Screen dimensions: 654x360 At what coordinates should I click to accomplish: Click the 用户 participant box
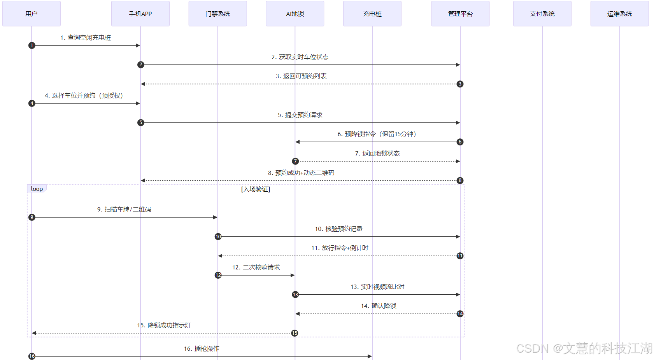click(x=32, y=14)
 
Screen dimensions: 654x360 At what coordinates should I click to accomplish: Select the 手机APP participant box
click(x=140, y=14)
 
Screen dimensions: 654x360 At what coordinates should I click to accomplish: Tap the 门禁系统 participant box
click(x=218, y=14)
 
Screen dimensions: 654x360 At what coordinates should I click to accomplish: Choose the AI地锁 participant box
click(x=295, y=14)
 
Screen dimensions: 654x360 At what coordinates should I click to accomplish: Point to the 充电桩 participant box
click(x=372, y=14)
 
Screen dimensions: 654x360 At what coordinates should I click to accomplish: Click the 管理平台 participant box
click(x=460, y=14)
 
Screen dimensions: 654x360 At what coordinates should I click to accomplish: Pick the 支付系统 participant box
click(x=542, y=14)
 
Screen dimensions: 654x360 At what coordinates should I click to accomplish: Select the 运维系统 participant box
click(x=619, y=14)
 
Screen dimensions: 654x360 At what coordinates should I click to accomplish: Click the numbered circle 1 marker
click(x=32, y=45)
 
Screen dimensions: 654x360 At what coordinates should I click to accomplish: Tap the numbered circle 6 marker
click(x=460, y=142)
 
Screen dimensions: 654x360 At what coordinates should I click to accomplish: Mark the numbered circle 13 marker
click(x=295, y=295)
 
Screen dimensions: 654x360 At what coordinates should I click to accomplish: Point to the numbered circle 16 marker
click(x=32, y=356)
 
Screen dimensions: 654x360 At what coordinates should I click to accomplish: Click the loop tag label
click(x=37, y=189)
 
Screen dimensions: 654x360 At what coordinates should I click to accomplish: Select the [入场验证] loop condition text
click(x=256, y=189)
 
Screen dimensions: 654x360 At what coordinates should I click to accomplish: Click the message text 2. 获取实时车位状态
click(x=300, y=57)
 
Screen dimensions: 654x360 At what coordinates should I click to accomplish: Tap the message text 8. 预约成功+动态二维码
click(x=301, y=173)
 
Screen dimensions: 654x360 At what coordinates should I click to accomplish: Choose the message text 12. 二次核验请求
click(x=256, y=267)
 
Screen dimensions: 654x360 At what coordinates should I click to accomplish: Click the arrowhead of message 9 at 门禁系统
click(x=215, y=217)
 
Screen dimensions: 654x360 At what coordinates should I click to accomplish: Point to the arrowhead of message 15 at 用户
click(x=34, y=333)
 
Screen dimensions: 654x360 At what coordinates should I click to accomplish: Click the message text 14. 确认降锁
click(x=379, y=306)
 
